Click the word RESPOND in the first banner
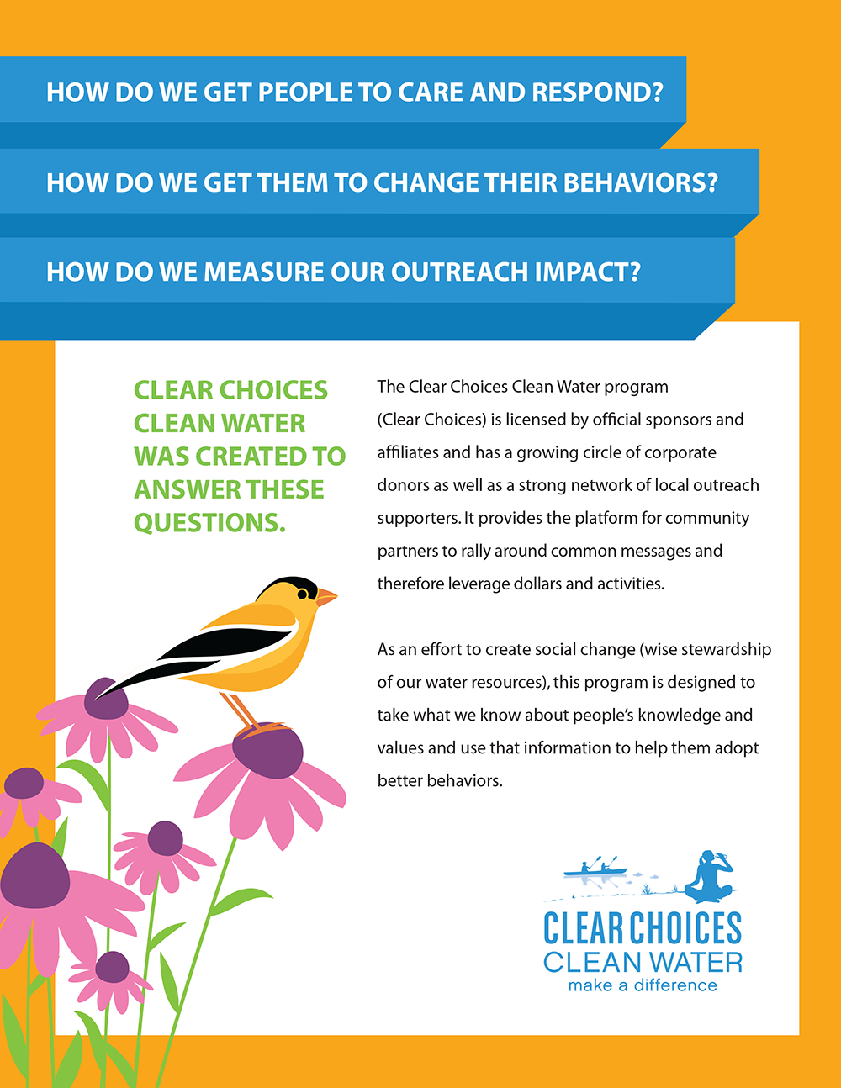[x=597, y=92]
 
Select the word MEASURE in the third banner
[x=262, y=272]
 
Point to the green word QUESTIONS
[x=209, y=523]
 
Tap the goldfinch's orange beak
[x=325, y=596]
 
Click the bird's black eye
[x=303, y=594]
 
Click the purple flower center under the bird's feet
[x=267, y=751]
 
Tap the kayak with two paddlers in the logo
[x=595, y=871]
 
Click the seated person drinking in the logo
[x=709, y=877]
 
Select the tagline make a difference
[x=643, y=986]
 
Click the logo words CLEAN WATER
[x=643, y=962]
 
